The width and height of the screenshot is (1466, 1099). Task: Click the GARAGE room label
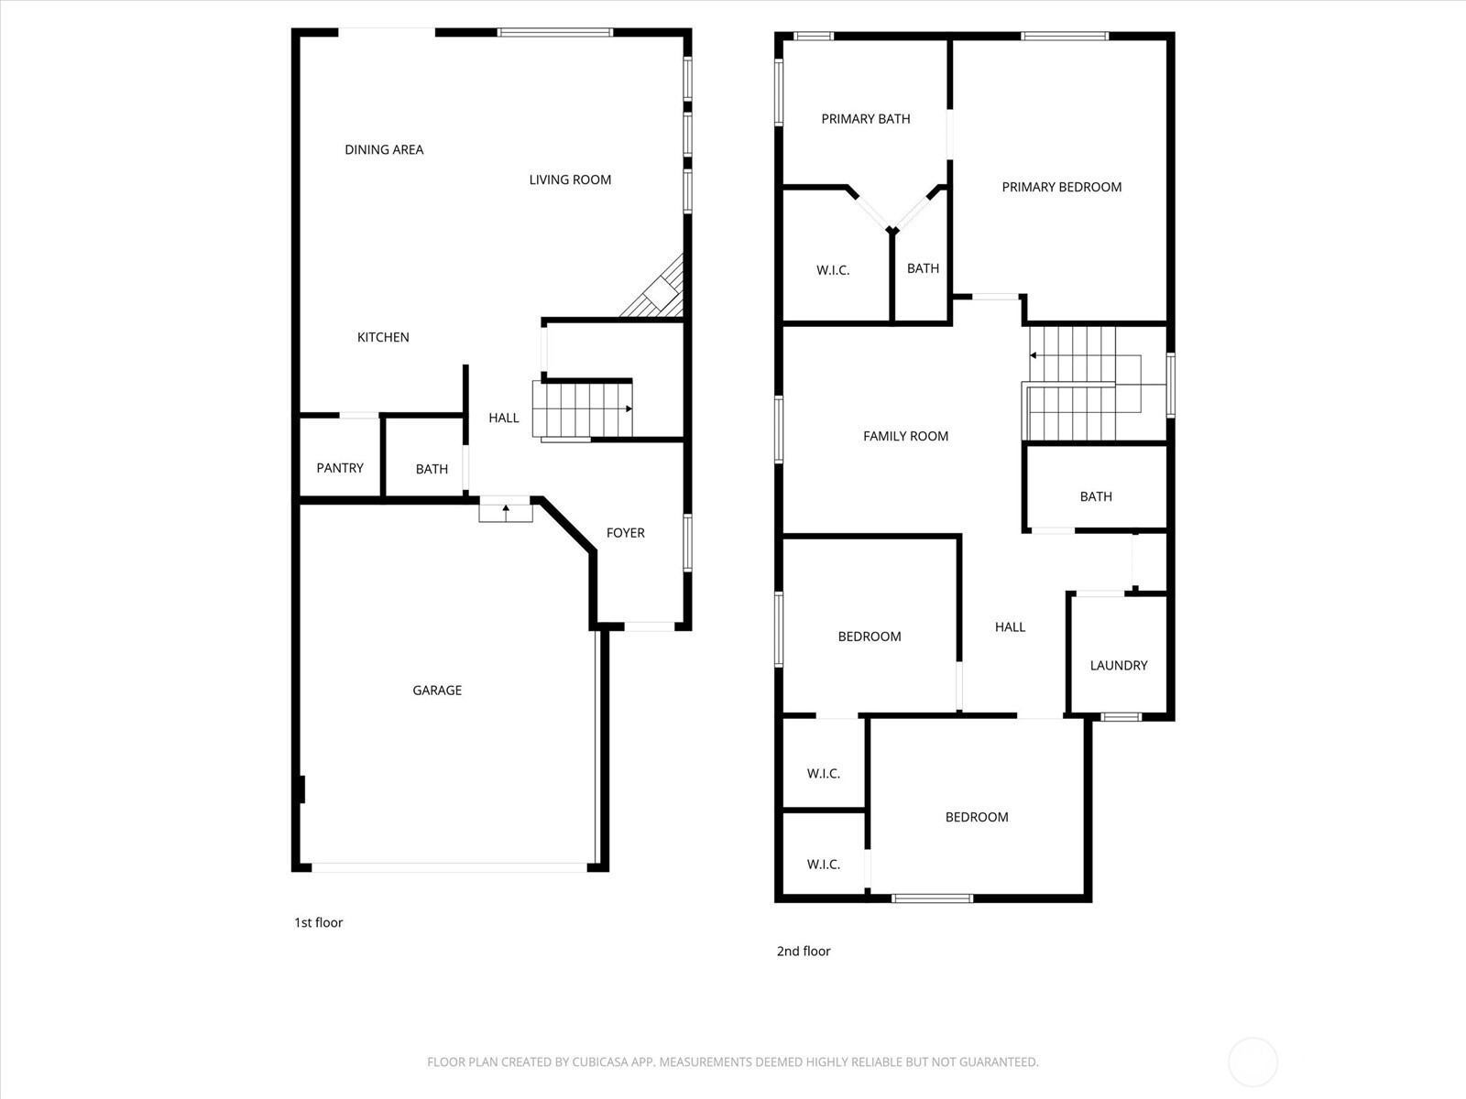(x=437, y=690)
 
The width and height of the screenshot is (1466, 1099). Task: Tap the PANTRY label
(x=340, y=468)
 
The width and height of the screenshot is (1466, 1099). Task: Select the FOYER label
(x=625, y=532)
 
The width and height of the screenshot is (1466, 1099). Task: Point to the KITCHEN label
(x=383, y=337)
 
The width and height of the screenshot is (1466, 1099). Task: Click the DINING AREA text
(x=384, y=149)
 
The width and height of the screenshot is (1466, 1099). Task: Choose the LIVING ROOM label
(x=570, y=180)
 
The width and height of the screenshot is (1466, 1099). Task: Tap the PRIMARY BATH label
(x=866, y=119)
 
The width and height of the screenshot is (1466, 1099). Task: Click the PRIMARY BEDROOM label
(x=1061, y=187)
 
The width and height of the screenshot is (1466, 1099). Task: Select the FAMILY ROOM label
(x=905, y=436)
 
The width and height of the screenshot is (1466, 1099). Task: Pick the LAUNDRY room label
(x=1119, y=665)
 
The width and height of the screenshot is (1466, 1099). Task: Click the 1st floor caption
(x=319, y=922)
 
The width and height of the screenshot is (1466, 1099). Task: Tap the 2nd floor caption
(x=804, y=951)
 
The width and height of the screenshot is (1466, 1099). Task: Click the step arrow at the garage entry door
(x=506, y=513)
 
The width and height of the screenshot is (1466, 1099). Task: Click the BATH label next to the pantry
(x=432, y=469)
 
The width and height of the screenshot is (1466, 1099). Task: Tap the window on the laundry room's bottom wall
(x=1121, y=717)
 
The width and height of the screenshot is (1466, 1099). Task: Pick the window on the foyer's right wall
(x=688, y=543)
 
